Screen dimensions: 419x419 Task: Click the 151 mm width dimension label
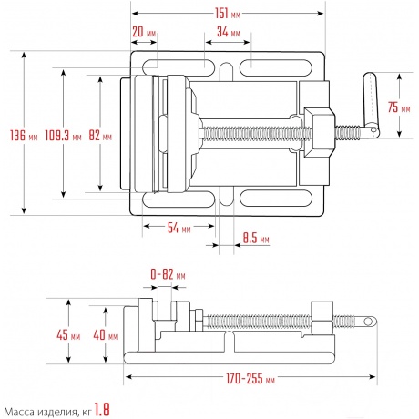pyautogui.click(x=228, y=14)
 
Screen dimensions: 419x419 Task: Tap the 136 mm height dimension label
pyautogui.click(x=24, y=135)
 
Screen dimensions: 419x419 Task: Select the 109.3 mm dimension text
pyautogui.click(x=63, y=135)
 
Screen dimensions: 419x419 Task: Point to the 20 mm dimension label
pyautogui.click(x=144, y=32)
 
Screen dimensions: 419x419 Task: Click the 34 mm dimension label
pyautogui.click(x=229, y=32)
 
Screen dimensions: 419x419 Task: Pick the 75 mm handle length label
pyautogui.click(x=399, y=107)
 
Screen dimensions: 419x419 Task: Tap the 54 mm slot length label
pyautogui.click(x=179, y=228)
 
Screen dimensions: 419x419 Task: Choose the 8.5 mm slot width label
pyautogui.click(x=256, y=239)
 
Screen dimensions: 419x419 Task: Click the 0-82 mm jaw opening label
pyautogui.click(x=168, y=274)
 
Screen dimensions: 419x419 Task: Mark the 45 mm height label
pyautogui.click(x=68, y=335)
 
